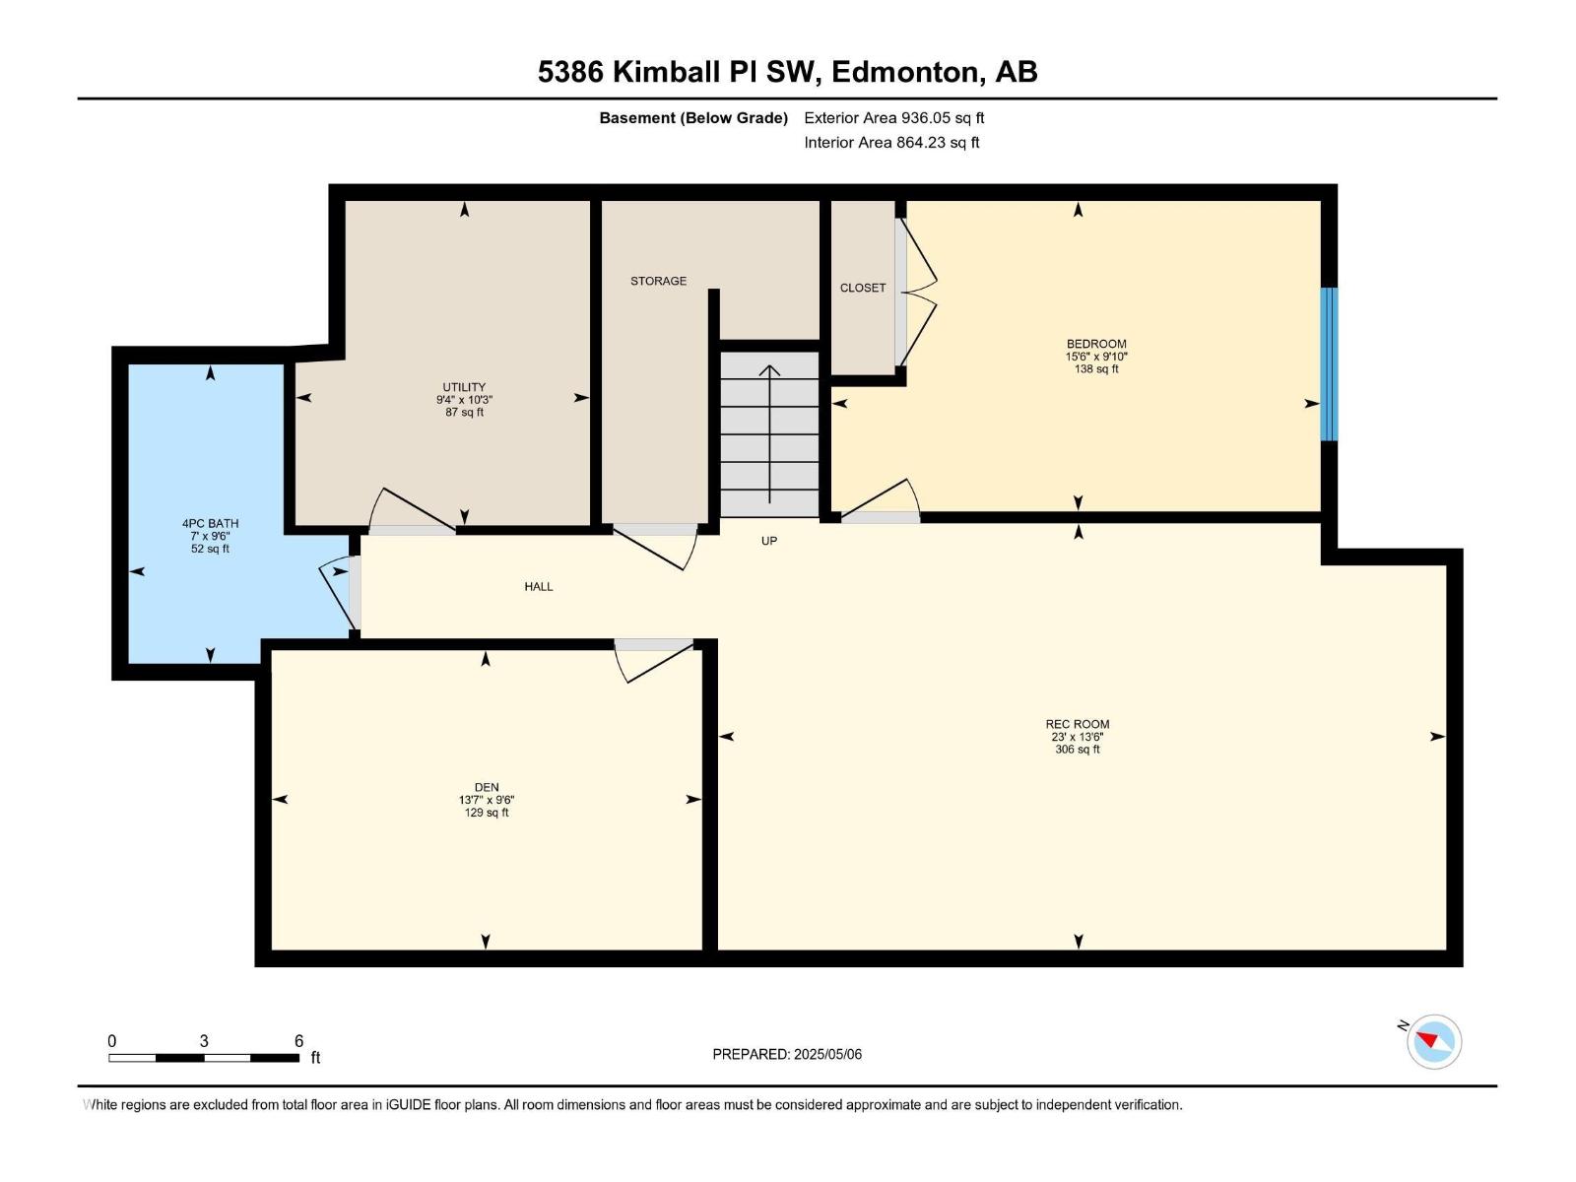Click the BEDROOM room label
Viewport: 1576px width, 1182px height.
[1095, 344]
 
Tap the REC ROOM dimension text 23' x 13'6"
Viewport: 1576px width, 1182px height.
[1077, 737]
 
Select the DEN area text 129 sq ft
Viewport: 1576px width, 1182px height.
[487, 813]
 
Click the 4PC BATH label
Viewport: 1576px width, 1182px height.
[210, 523]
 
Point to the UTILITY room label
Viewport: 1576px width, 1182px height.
[464, 387]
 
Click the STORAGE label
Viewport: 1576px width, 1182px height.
[658, 281]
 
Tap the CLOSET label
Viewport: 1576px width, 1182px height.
[863, 288]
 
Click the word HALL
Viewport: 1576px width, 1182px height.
[539, 586]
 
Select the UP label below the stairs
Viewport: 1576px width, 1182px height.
[769, 541]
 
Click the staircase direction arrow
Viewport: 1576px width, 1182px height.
[769, 433]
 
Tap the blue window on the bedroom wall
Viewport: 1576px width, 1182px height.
[1329, 363]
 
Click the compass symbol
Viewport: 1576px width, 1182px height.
[1433, 1041]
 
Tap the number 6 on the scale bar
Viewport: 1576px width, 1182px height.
[298, 1041]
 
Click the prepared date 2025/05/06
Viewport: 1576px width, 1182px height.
[827, 1054]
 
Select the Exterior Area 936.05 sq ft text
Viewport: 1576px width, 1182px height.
[893, 117]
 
